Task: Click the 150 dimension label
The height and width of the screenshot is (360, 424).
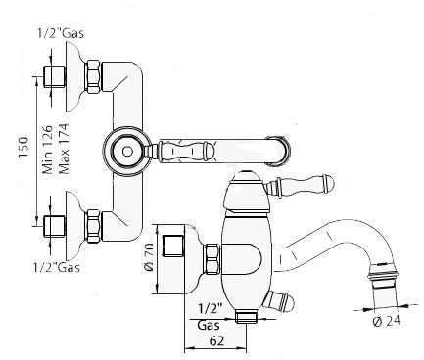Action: (24, 148)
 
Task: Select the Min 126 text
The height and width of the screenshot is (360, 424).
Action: (48, 149)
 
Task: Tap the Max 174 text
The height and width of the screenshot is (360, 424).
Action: (64, 149)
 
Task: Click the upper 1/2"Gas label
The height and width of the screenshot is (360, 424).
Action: (60, 33)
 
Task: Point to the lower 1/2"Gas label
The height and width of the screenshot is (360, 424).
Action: (57, 268)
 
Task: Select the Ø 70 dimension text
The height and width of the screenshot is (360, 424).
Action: (149, 257)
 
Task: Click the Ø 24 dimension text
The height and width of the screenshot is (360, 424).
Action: (387, 321)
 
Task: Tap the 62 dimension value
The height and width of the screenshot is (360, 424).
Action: (216, 341)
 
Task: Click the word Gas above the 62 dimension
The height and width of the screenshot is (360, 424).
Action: (209, 325)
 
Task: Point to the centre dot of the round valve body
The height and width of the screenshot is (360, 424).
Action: (127, 152)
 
